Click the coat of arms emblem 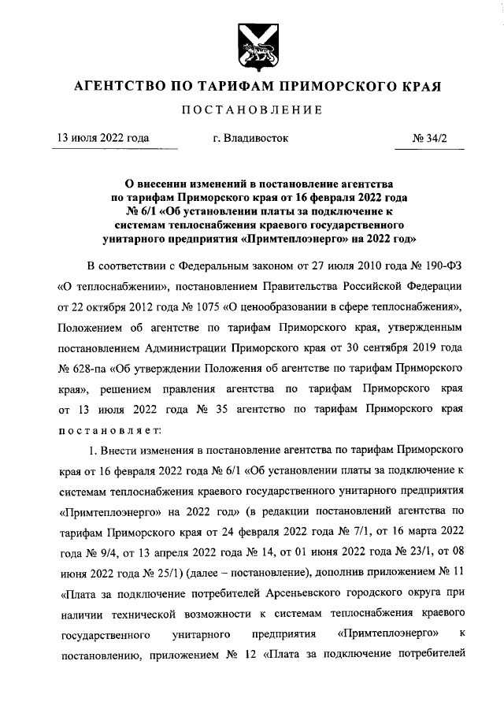(x=252, y=46)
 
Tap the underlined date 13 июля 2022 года (x=100, y=138)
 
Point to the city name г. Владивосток (x=250, y=138)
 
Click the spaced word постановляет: (x=110, y=430)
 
